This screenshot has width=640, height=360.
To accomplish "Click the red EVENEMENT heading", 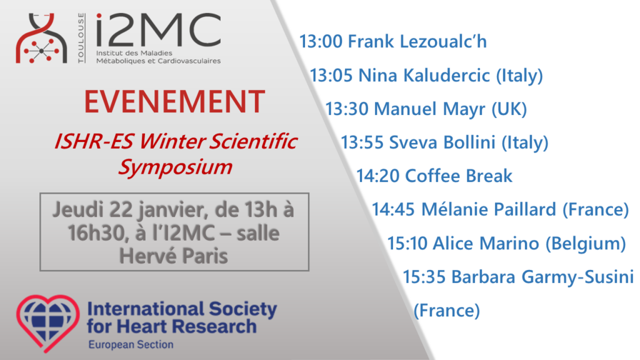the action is click(x=175, y=102).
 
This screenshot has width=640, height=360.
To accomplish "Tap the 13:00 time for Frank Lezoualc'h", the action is click(x=320, y=42).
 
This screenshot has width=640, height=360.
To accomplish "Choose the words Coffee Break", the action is click(x=458, y=176).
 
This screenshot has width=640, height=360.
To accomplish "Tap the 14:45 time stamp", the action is click(x=393, y=209).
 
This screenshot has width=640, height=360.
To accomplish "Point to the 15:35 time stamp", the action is click(x=424, y=277).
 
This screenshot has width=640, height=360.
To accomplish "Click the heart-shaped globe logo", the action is click(x=48, y=323).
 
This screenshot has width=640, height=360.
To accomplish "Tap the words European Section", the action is click(x=131, y=345).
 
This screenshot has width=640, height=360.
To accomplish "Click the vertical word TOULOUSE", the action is click(x=81, y=38).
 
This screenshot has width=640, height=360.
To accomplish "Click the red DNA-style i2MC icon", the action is click(x=41, y=38).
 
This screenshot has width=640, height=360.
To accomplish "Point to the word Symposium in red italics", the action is click(x=175, y=167).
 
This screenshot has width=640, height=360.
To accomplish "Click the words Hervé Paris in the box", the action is click(x=174, y=256).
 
